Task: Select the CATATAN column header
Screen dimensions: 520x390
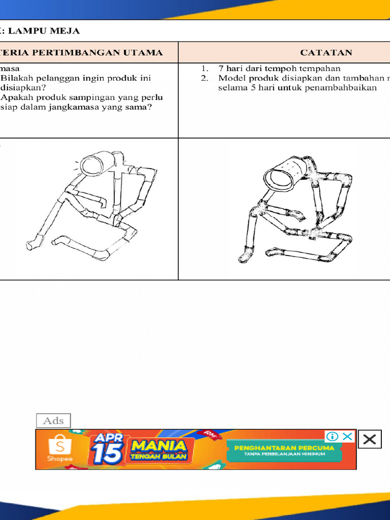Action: click(x=326, y=52)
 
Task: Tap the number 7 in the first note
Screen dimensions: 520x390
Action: click(x=221, y=68)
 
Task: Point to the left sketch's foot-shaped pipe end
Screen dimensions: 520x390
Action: click(x=34, y=243)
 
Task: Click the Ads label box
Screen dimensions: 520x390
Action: click(x=53, y=420)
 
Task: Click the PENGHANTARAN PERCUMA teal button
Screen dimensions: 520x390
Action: click(x=284, y=450)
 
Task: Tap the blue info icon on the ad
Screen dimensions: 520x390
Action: click(x=332, y=437)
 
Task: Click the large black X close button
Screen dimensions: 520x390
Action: click(x=370, y=440)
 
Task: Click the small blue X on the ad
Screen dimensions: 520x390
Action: click(x=347, y=437)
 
